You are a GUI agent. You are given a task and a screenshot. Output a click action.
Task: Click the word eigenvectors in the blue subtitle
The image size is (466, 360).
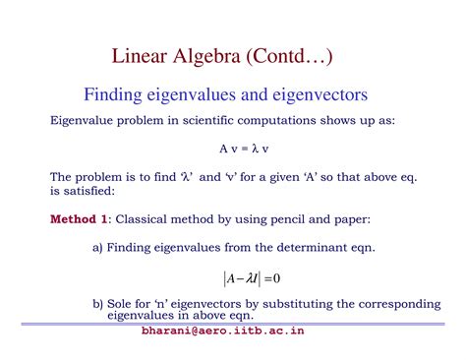[318, 95]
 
